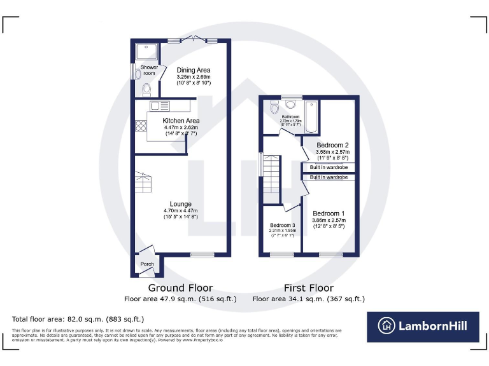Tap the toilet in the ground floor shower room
click(x=147, y=88)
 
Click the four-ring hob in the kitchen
click(x=141, y=126)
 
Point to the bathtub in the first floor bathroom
click(x=311, y=117)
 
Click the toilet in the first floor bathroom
click(x=274, y=106)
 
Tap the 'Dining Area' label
click(x=194, y=70)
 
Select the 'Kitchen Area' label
click(x=181, y=121)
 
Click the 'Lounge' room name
click(x=181, y=204)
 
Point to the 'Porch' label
click(x=147, y=264)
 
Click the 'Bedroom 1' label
click(x=328, y=213)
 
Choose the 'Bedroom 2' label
click(x=332, y=146)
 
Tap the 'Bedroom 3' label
click(x=282, y=226)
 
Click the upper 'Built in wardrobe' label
click(x=329, y=167)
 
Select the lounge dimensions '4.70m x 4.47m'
click(x=181, y=210)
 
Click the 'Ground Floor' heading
click(x=180, y=288)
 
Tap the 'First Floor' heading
click(x=308, y=288)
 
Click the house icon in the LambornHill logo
click(x=386, y=326)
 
